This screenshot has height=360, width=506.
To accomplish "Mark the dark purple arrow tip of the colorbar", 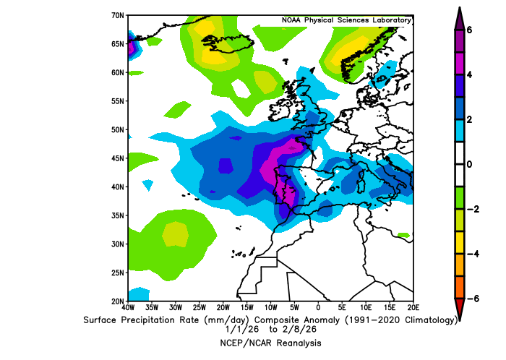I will pyautogui.click(x=459, y=16).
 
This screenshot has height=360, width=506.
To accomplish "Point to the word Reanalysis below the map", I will pyautogui.click(x=296, y=343).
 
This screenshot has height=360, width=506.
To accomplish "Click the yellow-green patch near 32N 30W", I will pyautogui.click(x=175, y=234).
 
